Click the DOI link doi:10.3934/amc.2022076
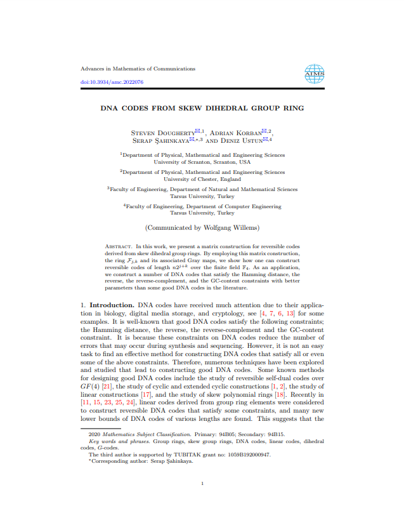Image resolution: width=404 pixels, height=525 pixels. click(112, 83)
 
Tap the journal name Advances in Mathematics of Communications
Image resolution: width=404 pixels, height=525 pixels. click(138, 69)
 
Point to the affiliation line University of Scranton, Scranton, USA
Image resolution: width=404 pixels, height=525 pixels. click(202, 162)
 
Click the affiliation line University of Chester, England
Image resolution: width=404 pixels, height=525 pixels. click(202, 179)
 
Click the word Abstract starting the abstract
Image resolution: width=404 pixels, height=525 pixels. click(118, 246)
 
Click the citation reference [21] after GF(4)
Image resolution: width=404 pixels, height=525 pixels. click(110, 387)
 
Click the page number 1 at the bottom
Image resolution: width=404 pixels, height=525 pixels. click(202, 484)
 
